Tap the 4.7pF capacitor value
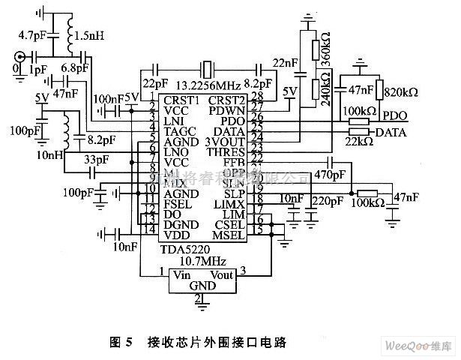coord(34,34)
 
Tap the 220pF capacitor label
coord(325,201)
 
